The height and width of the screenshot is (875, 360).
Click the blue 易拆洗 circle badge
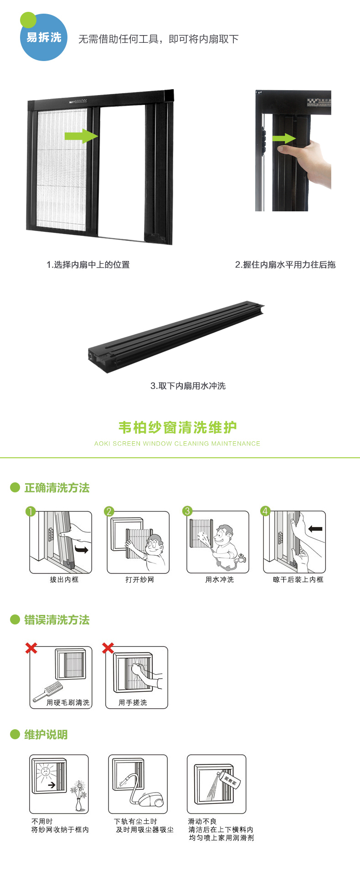[44, 37]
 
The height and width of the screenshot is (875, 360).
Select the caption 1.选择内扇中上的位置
[88, 265]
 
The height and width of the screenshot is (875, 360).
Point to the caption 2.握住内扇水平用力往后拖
[285, 265]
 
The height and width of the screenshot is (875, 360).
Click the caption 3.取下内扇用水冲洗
[188, 386]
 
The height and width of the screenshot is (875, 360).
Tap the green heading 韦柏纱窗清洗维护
[177, 427]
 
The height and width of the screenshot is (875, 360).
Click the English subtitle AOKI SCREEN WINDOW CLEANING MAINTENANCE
[177, 443]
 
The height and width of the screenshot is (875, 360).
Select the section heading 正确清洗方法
[57, 488]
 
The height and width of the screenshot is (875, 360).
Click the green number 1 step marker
[31, 511]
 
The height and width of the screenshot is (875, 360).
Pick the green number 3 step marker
[187, 511]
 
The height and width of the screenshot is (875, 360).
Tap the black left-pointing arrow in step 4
[315, 529]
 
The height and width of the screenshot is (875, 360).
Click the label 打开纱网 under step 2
[139, 579]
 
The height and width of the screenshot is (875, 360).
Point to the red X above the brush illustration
[31, 648]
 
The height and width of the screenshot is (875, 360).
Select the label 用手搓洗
[133, 702]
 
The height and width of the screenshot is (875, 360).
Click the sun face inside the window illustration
[46, 772]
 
